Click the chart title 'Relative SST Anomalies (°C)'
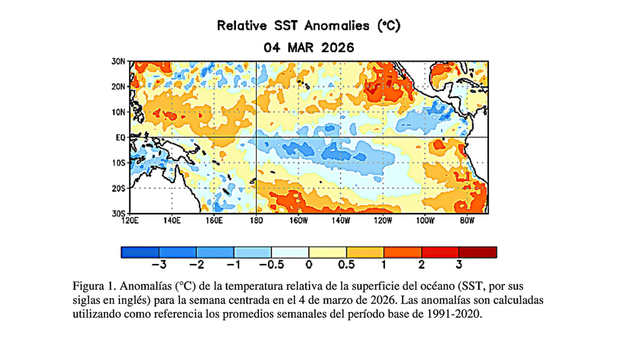pos(308,26)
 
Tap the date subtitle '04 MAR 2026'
pos(308,48)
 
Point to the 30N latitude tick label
pos(118,62)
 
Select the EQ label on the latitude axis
pos(121,138)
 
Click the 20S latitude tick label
pos(118,188)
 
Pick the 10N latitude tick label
pos(118,112)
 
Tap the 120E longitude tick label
pos(130,221)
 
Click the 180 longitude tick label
pos(256,221)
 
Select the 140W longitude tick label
pos(340,221)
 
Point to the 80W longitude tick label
pos(467,221)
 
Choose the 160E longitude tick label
pos(214,221)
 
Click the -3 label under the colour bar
pos(159,265)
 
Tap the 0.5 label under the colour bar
pos(346,265)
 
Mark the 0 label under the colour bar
pos(309,265)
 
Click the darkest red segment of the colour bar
pos(478,252)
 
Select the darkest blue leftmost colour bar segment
pos(140,252)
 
